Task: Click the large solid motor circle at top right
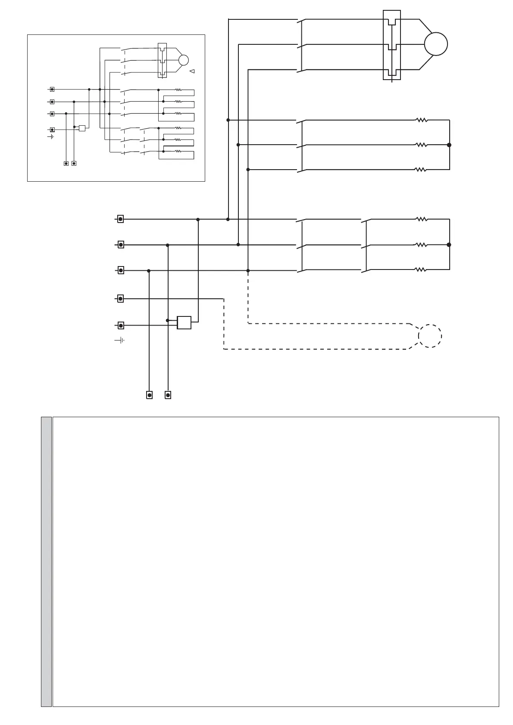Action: pos(436,44)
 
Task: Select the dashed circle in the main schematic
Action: pos(430,336)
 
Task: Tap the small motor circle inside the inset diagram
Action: pos(183,60)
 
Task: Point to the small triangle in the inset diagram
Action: pos(192,71)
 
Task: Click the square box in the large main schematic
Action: pos(184,322)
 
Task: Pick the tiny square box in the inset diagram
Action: pos(82,128)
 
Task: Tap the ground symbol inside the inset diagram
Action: pos(51,136)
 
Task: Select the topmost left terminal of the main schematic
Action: pos(121,219)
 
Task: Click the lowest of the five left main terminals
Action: pos(121,325)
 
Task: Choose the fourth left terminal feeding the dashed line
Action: pos(121,298)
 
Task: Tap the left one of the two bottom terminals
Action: pos(149,395)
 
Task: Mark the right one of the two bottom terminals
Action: pos(168,395)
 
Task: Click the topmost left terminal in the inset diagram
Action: pos(52,90)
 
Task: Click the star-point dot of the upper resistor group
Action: pos(449,145)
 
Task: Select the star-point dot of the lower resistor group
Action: pos(449,245)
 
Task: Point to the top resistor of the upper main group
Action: pos(421,121)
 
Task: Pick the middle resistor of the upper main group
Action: pos(421,145)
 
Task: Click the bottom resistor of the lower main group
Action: pos(421,270)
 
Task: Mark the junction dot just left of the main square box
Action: pos(168,320)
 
